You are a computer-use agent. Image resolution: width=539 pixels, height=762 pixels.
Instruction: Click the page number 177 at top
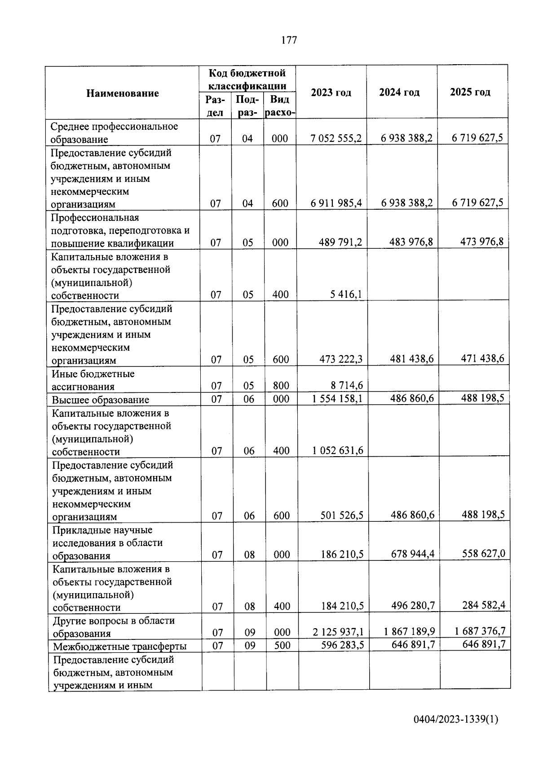289,40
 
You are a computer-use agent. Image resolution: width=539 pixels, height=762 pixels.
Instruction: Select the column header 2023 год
331,92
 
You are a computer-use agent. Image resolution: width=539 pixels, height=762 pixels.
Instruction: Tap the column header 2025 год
470,92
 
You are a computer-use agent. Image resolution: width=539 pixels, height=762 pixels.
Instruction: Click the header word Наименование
123,93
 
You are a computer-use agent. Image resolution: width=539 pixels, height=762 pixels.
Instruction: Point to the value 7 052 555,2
336,138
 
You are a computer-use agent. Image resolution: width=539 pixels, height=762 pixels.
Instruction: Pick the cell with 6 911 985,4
336,203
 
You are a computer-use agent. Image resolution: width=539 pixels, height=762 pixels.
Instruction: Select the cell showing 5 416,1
346,295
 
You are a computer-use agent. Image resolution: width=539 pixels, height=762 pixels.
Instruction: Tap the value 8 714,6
347,386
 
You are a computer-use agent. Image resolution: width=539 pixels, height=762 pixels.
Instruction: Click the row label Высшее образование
101,400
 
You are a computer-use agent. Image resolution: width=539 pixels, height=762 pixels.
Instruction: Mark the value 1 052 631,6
338,451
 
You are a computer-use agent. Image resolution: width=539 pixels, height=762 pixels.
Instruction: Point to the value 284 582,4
483,605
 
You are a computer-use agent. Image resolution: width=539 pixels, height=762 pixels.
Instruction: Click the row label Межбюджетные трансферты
120,647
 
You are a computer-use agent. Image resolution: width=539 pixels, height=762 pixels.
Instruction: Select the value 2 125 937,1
338,632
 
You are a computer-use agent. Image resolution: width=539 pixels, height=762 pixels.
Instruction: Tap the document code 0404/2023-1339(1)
455,720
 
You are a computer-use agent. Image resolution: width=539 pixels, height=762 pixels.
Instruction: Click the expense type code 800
281,386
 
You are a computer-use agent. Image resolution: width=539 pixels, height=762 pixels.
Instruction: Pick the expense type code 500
282,645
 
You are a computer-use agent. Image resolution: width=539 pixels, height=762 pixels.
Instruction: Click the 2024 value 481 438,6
411,359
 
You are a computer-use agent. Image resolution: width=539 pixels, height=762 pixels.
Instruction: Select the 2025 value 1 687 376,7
480,631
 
